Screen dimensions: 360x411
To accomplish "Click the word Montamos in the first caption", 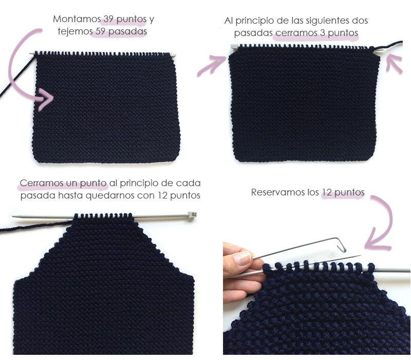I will point(76,20).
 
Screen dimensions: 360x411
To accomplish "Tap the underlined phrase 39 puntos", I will point(124,20).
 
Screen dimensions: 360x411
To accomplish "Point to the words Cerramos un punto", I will point(63,183).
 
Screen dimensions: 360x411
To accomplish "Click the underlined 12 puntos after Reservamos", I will point(343,192).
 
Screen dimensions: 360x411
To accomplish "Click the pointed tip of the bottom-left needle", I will point(14,217).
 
